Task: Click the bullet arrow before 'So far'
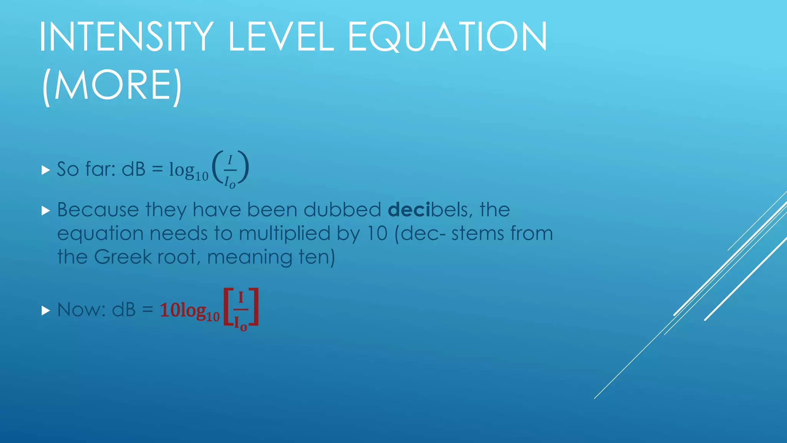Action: [46, 170]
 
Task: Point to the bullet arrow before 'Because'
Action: [46, 210]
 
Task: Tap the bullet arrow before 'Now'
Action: [46, 310]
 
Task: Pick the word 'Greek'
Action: [123, 257]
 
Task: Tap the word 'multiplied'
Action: [284, 234]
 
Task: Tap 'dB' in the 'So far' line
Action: [133, 169]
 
